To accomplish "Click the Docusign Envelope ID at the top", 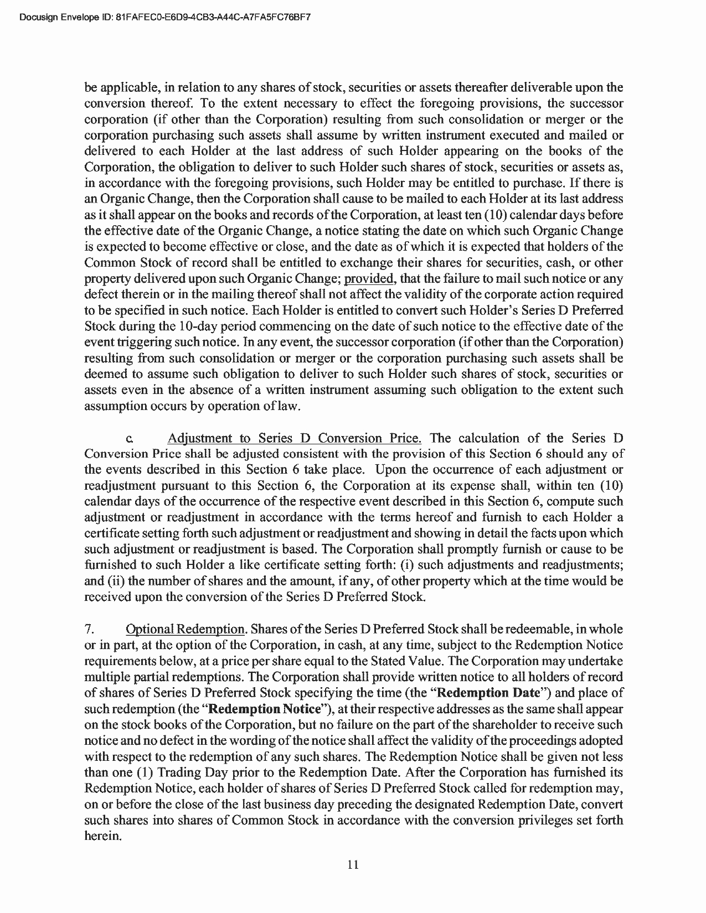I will click(164, 17).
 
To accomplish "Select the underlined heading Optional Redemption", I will click(185, 629).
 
